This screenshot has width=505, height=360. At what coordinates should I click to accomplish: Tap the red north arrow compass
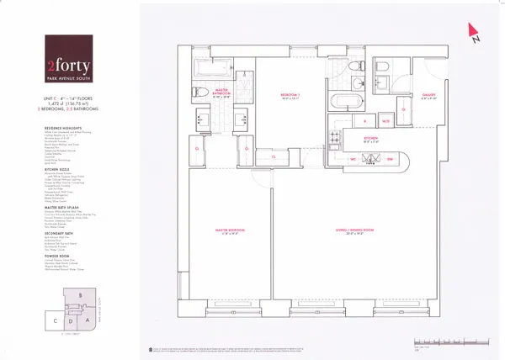[473, 32]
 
